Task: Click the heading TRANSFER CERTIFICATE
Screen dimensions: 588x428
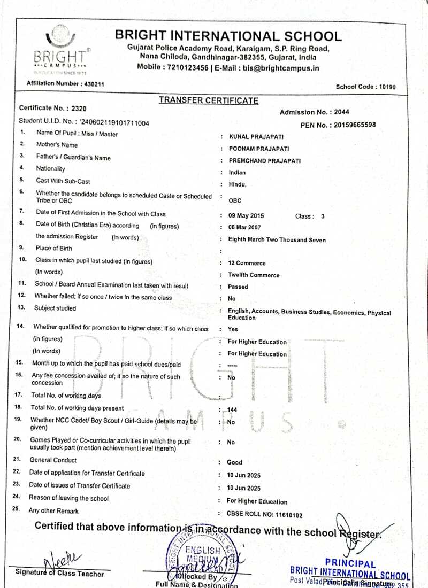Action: (208, 100)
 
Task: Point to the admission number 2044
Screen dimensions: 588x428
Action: (341, 112)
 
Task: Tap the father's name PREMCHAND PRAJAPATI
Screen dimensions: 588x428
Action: (264, 160)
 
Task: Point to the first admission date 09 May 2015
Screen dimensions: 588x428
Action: (246, 216)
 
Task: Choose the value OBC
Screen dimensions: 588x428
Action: (235, 201)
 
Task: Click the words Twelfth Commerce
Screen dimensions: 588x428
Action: (254, 275)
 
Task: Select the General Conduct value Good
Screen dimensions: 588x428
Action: (234, 462)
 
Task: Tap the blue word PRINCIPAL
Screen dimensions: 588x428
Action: (350, 563)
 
